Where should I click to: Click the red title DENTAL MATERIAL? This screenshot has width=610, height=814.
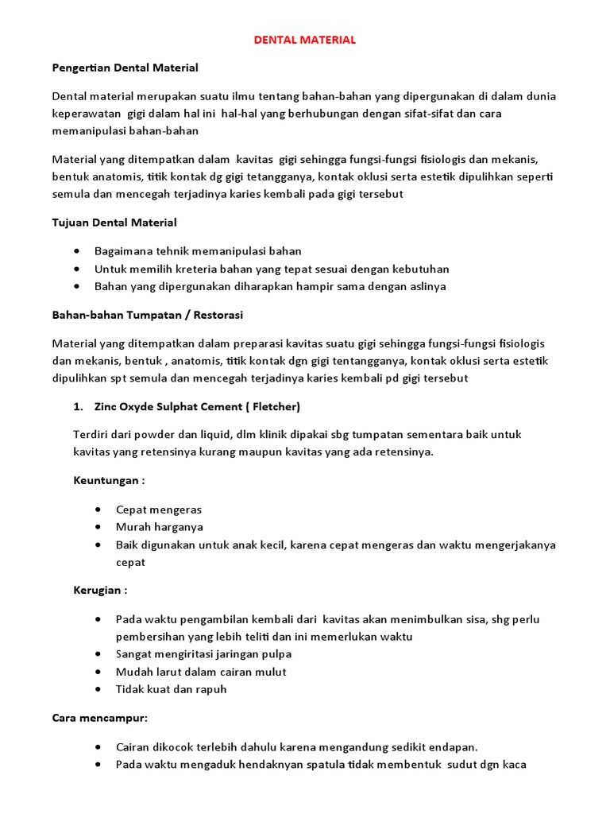304,39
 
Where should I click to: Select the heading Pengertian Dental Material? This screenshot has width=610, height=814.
125,68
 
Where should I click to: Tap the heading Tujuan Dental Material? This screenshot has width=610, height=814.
114,222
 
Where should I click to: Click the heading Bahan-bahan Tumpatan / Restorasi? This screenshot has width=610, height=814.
147,315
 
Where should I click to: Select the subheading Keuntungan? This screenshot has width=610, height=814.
110,481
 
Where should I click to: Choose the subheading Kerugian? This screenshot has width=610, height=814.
100,590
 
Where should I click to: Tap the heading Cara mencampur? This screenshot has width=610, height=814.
100,718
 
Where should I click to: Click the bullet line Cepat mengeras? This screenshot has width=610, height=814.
158,510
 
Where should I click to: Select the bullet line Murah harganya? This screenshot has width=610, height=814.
159,527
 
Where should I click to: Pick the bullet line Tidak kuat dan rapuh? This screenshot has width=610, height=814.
171,689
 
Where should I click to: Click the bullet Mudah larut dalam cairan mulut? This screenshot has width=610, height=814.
200,672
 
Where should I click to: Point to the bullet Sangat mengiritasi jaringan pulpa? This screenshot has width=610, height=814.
203,654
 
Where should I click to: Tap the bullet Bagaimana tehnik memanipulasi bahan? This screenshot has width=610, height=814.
198,251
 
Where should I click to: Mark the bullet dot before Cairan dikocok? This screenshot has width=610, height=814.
97,747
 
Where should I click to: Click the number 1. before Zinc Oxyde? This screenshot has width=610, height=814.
78,407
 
